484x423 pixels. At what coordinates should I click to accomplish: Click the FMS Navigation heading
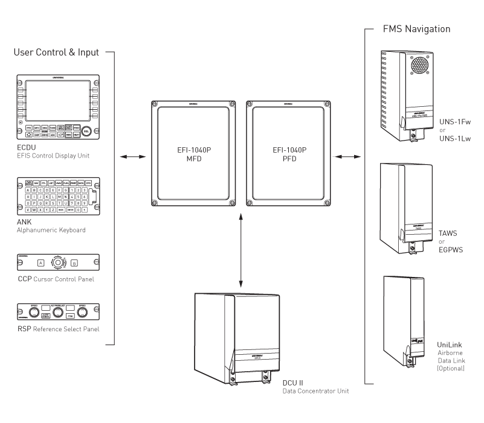tap(417, 29)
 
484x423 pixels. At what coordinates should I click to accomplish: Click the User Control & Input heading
tap(57, 52)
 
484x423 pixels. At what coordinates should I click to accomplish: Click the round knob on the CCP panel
tap(58, 262)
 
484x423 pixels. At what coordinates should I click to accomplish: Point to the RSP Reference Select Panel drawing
tap(58, 311)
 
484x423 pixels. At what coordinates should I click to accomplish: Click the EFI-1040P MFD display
tap(194, 154)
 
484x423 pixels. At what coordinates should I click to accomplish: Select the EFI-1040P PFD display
tap(289, 154)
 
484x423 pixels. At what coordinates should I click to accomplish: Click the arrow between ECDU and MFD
tap(132, 157)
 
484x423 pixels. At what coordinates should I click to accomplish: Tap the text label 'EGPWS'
tap(451, 249)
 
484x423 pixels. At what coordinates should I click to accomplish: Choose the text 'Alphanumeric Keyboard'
tap(51, 230)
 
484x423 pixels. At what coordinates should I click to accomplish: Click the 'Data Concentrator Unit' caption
tap(315, 391)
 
